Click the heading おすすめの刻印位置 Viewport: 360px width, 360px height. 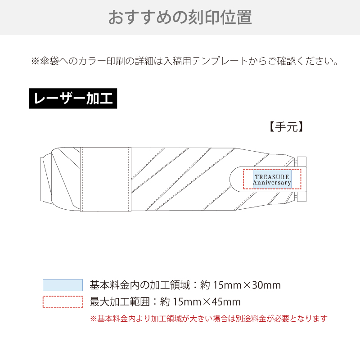click(x=180, y=17)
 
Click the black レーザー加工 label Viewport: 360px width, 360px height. click(x=73, y=99)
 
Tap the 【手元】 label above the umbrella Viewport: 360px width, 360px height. click(x=286, y=127)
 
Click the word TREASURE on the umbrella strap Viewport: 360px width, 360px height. click(x=272, y=177)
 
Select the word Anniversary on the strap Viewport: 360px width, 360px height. click(x=272, y=183)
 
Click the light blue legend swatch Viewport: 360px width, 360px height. click(x=63, y=285)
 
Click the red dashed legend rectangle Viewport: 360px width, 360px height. click(x=63, y=302)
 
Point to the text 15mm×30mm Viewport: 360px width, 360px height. click(x=247, y=285)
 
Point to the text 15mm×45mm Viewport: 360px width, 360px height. click(x=207, y=302)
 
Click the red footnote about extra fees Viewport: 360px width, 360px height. click(x=208, y=319)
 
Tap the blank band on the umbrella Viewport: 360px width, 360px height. click(x=106, y=179)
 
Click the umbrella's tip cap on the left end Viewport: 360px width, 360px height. click(x=41, y=179)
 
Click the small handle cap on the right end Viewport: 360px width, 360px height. click(x=301, y=179)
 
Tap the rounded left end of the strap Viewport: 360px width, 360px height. click(x=234, y=179)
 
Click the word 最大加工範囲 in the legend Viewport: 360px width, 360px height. click(x=120, y=302)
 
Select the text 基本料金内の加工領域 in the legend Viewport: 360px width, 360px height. click(x=140, y=285)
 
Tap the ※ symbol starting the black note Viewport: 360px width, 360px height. click(x=36, y=61)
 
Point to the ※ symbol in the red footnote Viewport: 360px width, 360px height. click(x=94, y=319)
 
